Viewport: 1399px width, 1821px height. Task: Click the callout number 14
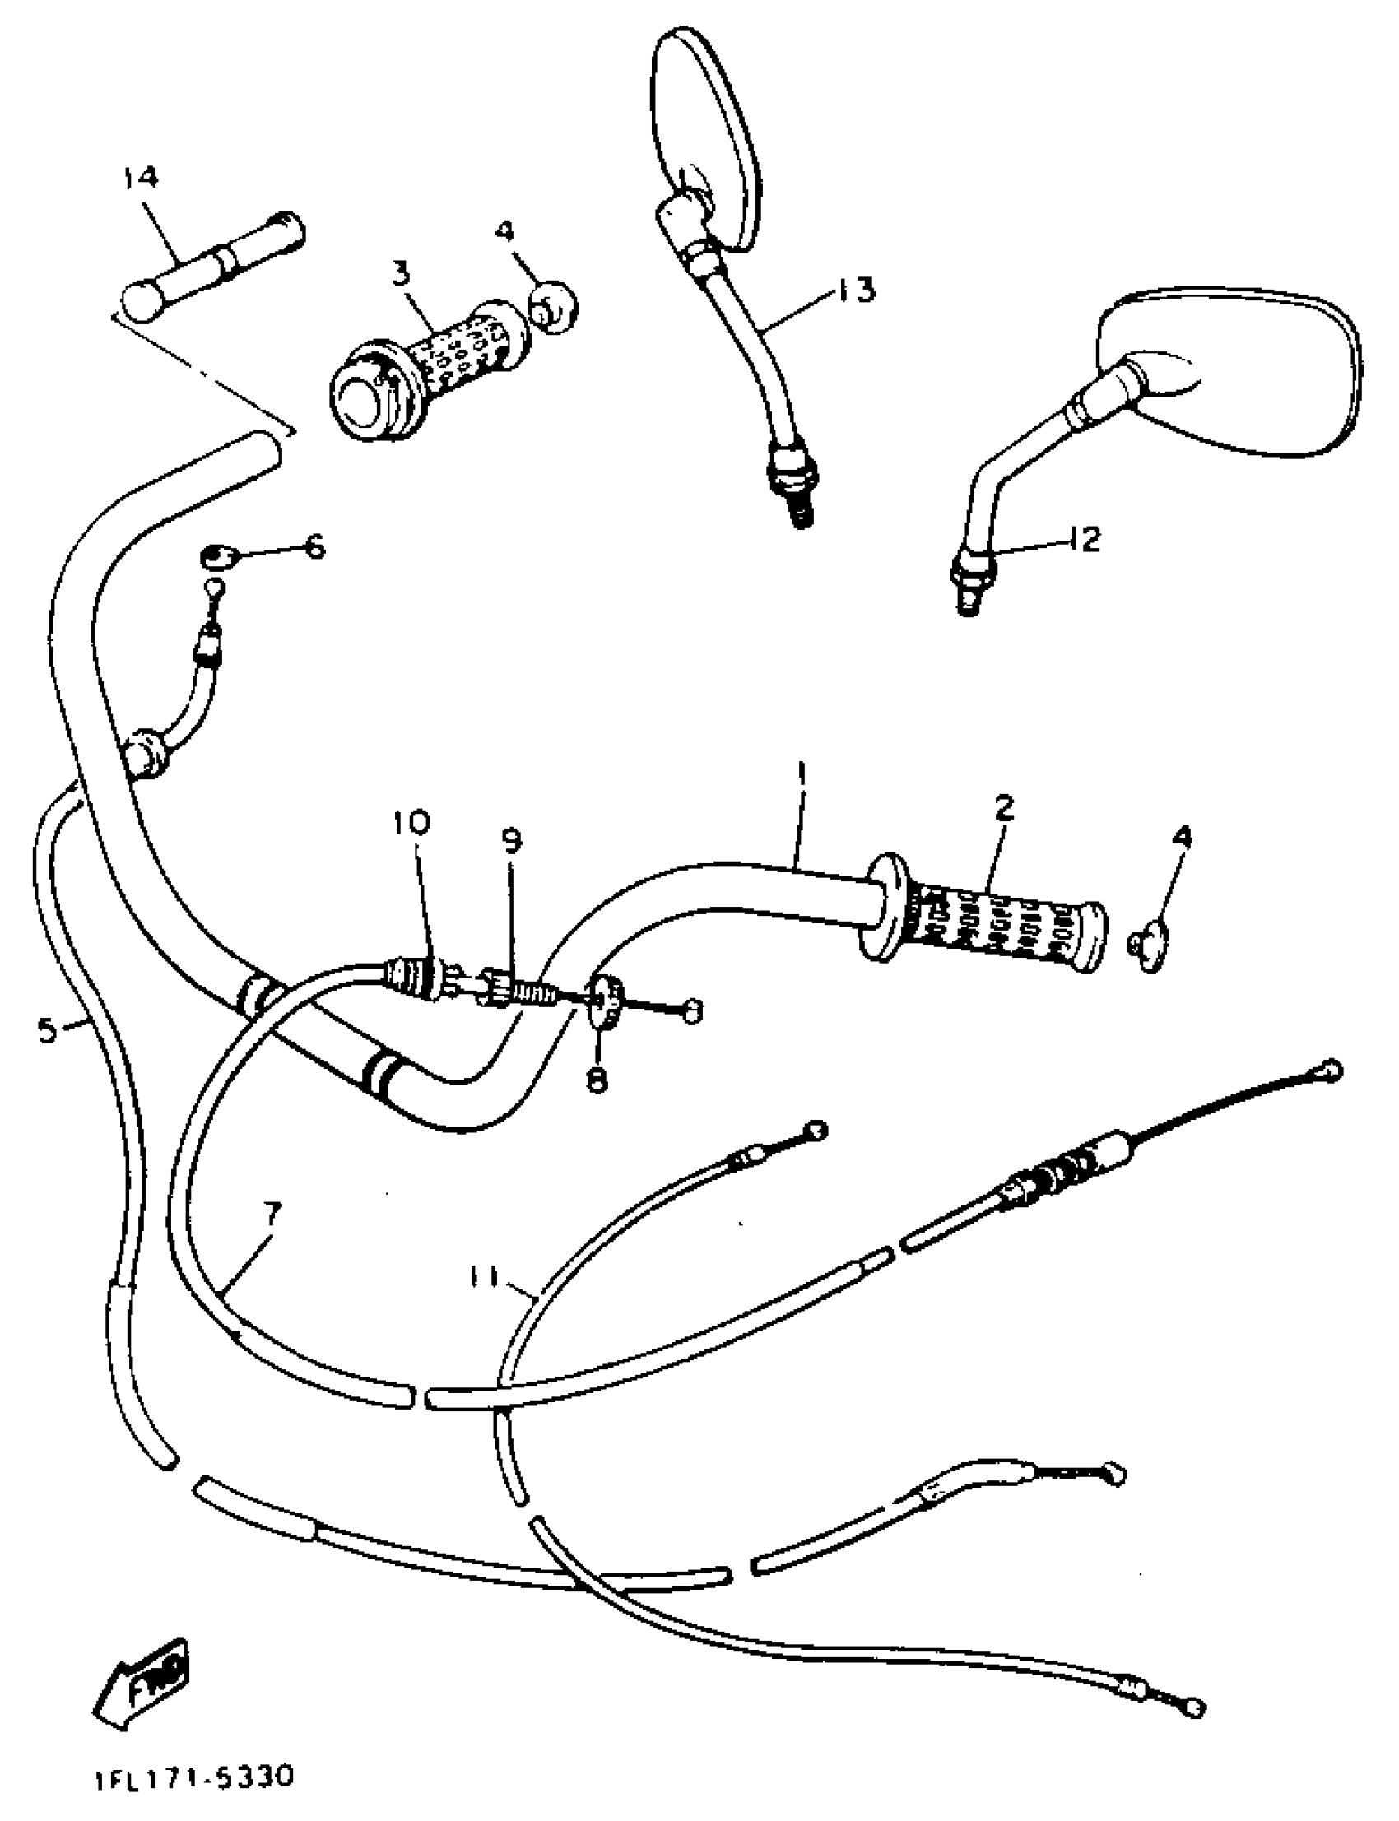coord(141,179)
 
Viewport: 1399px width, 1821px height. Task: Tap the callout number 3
coord(402,273)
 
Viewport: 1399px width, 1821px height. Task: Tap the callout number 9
coord(511,841)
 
